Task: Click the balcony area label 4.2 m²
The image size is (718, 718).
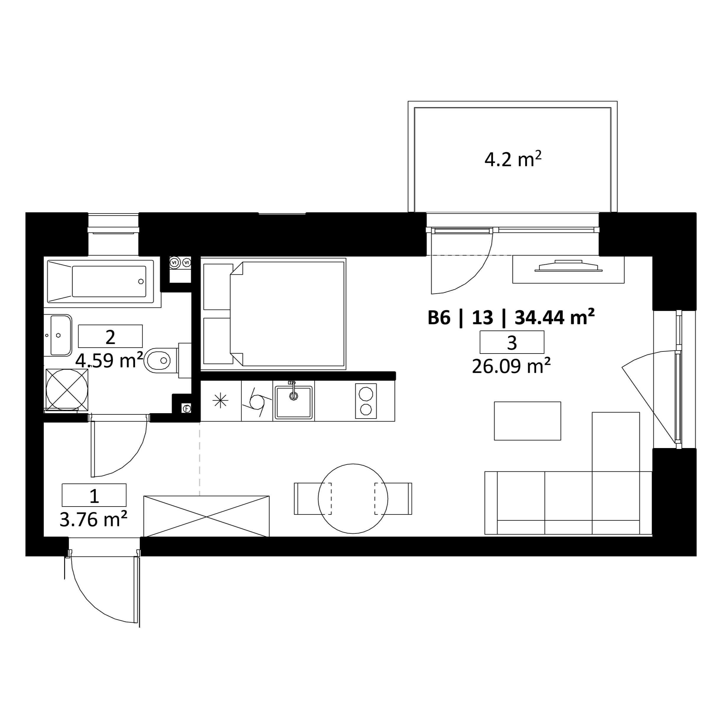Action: point(512,159)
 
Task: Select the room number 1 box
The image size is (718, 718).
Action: point(94,495)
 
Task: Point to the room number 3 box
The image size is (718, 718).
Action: point(512,342)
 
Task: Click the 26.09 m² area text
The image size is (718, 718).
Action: point(511,366)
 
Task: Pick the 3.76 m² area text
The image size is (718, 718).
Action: point(94,519)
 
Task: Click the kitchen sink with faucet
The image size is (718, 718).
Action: point(294,402)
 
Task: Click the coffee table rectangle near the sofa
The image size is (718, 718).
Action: point(527,421)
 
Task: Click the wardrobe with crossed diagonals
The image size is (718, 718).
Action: point(206,516)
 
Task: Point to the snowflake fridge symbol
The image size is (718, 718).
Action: point(220,400)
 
